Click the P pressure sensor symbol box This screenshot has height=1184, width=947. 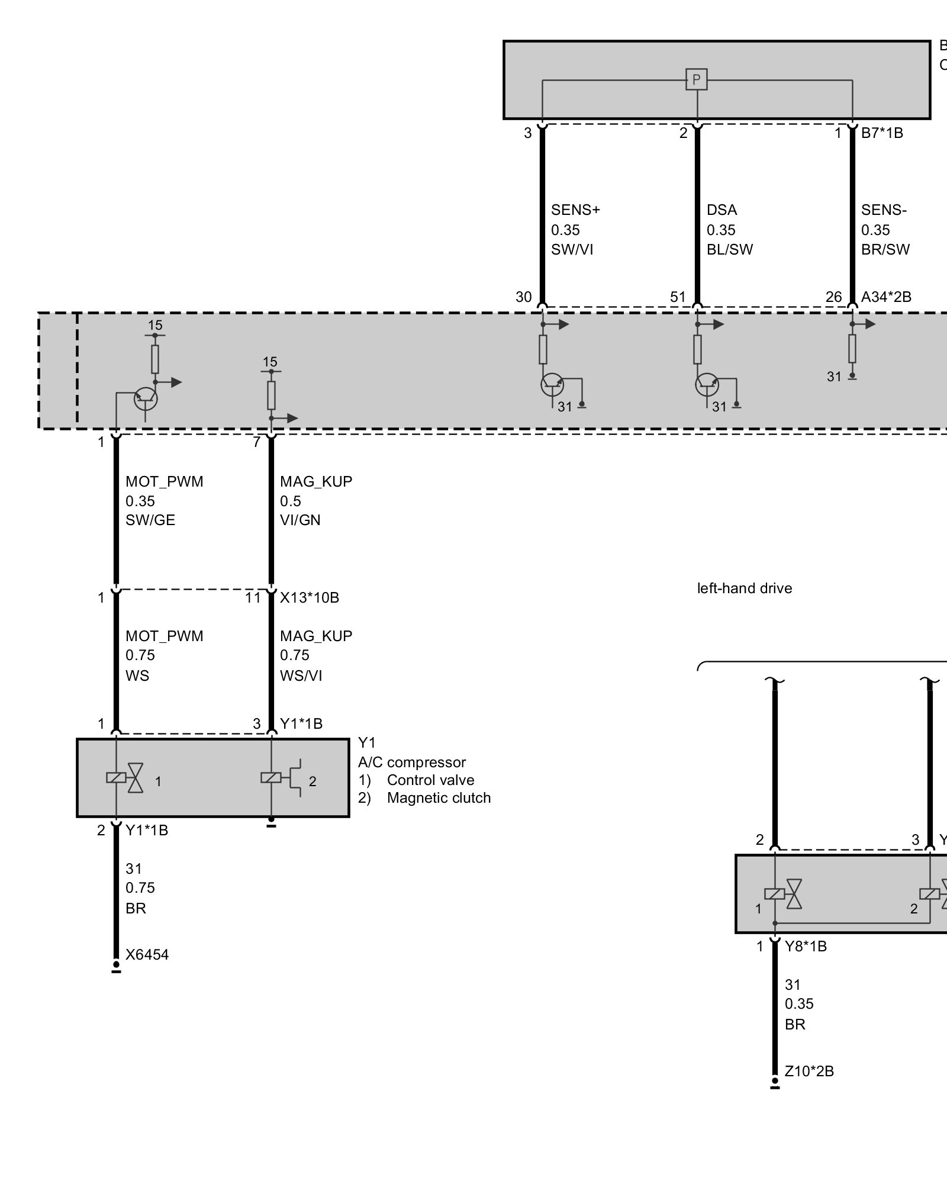(697, 79)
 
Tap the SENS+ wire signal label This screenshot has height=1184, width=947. (575, 210)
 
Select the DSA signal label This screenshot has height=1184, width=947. (721, 210)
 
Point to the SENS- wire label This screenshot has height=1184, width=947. (884, 210)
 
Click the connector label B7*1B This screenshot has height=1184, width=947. (882, 133)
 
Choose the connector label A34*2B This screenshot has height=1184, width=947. (886, 297)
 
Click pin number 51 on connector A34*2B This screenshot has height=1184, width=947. (678, 297)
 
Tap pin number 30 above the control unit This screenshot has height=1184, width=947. (524, 297)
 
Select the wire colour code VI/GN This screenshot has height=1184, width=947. (300, 520)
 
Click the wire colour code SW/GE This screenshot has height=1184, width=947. (150, 520)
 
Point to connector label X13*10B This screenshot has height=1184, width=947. (310, 598)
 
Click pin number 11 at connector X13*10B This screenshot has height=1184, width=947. (253, 598)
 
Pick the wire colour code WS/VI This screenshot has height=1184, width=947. (301, 675)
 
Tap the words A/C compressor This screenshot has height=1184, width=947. (412, 762)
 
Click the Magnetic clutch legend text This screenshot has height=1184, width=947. (439, 798)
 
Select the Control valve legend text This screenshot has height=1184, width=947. (430, 780)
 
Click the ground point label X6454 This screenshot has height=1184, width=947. (147, 955)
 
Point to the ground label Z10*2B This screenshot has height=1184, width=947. (809, 1071)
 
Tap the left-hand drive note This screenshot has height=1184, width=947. (745, 588)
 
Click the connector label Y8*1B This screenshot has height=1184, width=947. (806, 947)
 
